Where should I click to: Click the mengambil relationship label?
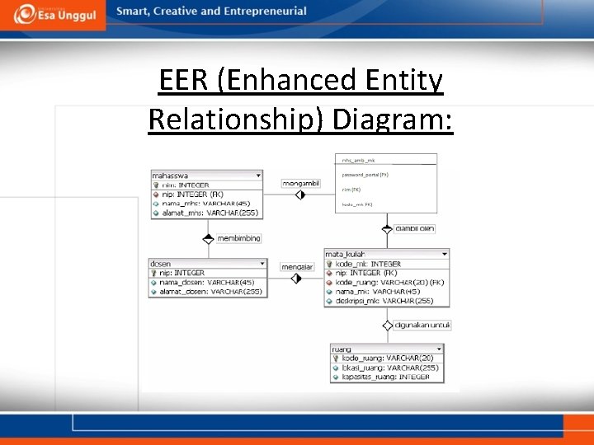(300, 183)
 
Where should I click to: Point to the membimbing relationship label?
(238, 238)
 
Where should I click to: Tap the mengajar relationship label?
(297, 267)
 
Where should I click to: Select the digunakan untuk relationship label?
(422, 326)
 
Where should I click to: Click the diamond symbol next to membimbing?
(208, 239)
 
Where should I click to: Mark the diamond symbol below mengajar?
(296, 279)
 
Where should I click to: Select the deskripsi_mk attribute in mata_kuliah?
(385, 301)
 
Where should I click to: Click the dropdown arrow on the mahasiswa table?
(258, 176)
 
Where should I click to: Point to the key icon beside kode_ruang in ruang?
(335, 358)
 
